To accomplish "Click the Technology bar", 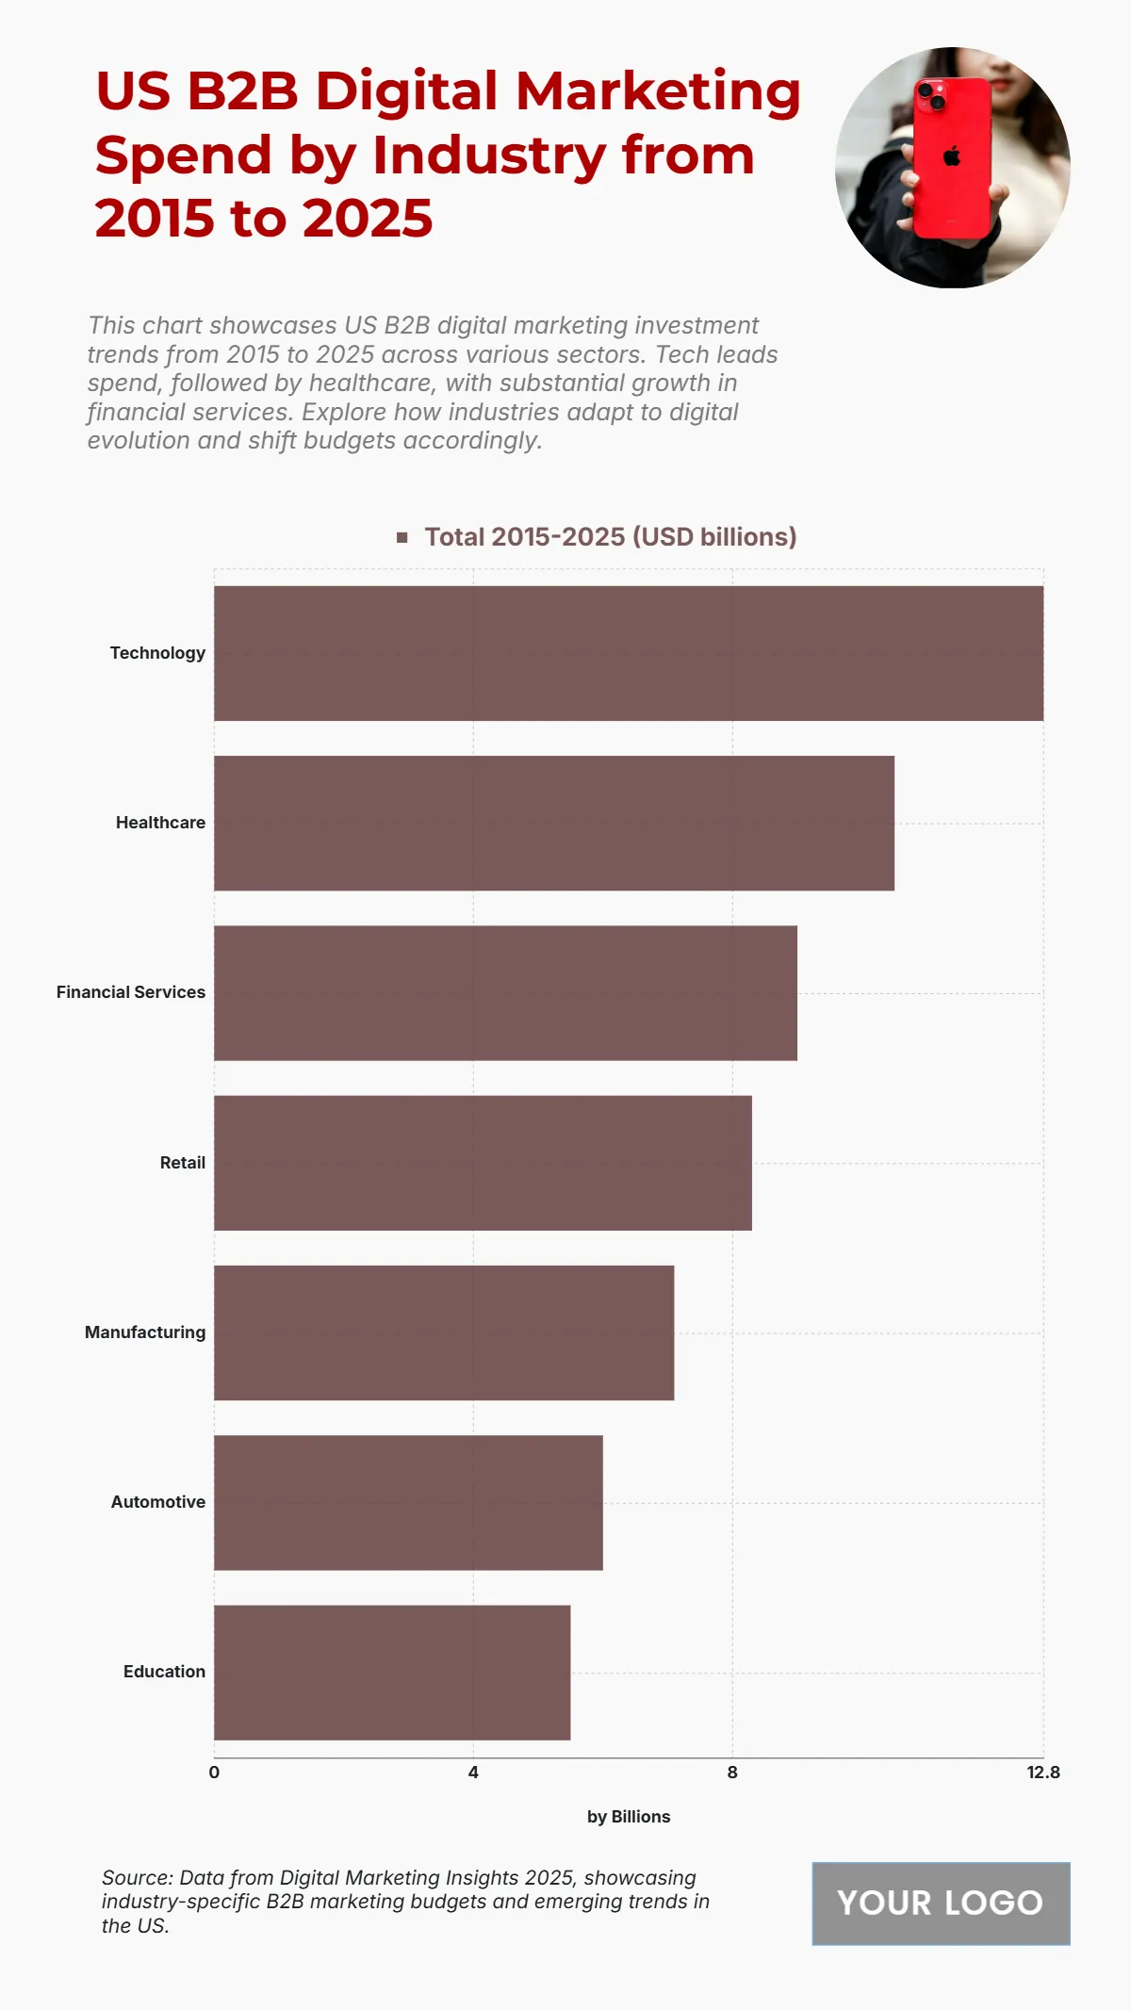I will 629,653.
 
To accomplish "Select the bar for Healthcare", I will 554,823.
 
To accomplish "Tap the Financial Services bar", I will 505,992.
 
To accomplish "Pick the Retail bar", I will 483,1163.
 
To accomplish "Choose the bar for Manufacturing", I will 444,1332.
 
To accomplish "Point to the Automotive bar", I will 408,1502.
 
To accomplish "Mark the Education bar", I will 392,1672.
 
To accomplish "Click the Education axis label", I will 164,1672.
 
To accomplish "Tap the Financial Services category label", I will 131,992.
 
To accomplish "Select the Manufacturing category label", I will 145,1332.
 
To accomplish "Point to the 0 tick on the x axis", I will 214,1773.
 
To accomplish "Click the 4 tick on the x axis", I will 473,1773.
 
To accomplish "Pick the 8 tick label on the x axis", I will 732,1773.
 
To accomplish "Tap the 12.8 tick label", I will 1043,1773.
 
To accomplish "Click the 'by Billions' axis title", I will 629,1817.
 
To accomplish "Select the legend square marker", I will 402,537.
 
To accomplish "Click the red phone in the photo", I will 952,158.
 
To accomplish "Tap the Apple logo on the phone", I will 952,156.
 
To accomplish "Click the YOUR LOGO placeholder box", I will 941,1903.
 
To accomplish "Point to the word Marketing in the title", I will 658,91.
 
